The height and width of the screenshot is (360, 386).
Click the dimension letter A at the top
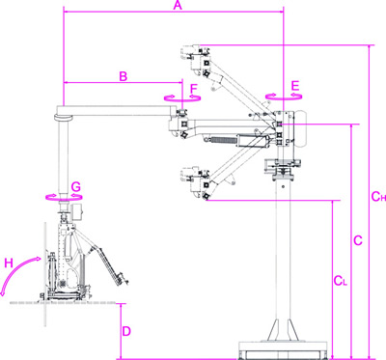[175, 7]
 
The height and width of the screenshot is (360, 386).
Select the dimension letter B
[123, 74]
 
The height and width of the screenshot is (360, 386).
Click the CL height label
[340, 281]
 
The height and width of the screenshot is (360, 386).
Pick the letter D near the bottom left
[126, 330]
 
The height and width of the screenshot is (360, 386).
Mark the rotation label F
[193, 90]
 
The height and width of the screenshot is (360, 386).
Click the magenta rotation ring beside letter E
[283, 97]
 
